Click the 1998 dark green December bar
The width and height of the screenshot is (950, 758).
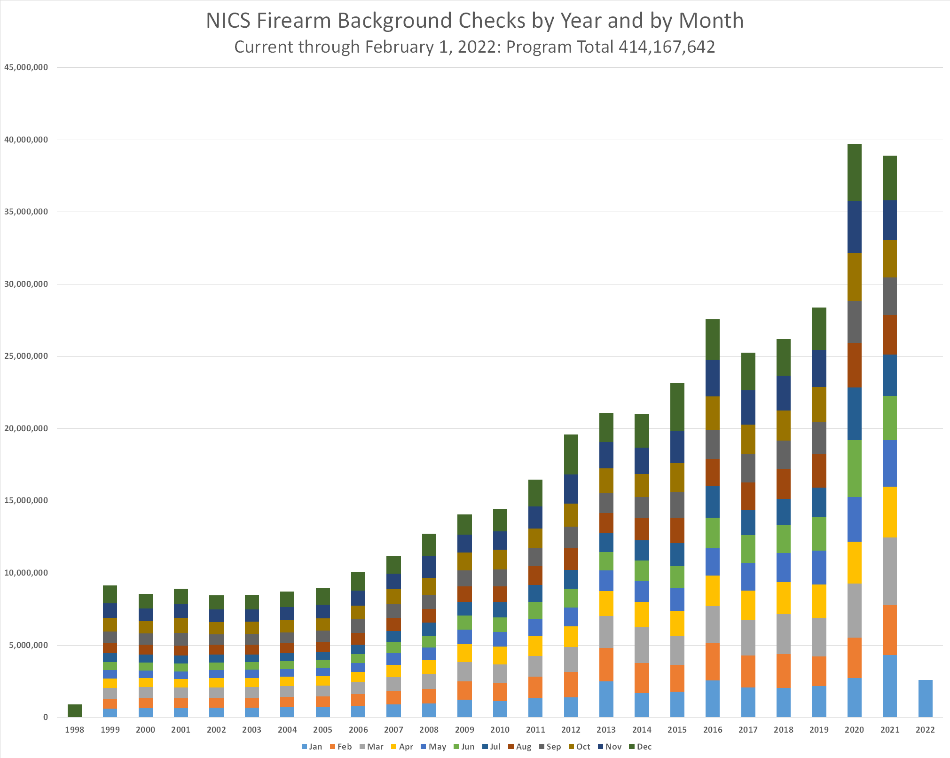tap(74, 711)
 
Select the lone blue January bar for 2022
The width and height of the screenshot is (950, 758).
tap(925, 698)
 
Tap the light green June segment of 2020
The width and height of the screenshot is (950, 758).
tap(854, 468)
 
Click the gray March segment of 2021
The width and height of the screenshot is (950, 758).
tap(889, 571)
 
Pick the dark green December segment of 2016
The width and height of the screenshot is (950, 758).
tap(712, 340)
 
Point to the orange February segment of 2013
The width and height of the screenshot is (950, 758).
tap(606, 664)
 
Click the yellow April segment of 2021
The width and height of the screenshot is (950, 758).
tap(889, 512)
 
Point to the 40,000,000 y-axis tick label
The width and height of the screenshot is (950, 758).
tap(26, 140)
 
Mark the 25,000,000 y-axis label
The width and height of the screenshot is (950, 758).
tap(26, 356)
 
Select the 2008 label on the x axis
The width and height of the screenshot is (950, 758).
tap(429, 730)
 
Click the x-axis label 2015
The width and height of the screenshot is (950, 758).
tap(677, 730)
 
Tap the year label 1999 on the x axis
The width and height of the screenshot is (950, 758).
tap(110, 730)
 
